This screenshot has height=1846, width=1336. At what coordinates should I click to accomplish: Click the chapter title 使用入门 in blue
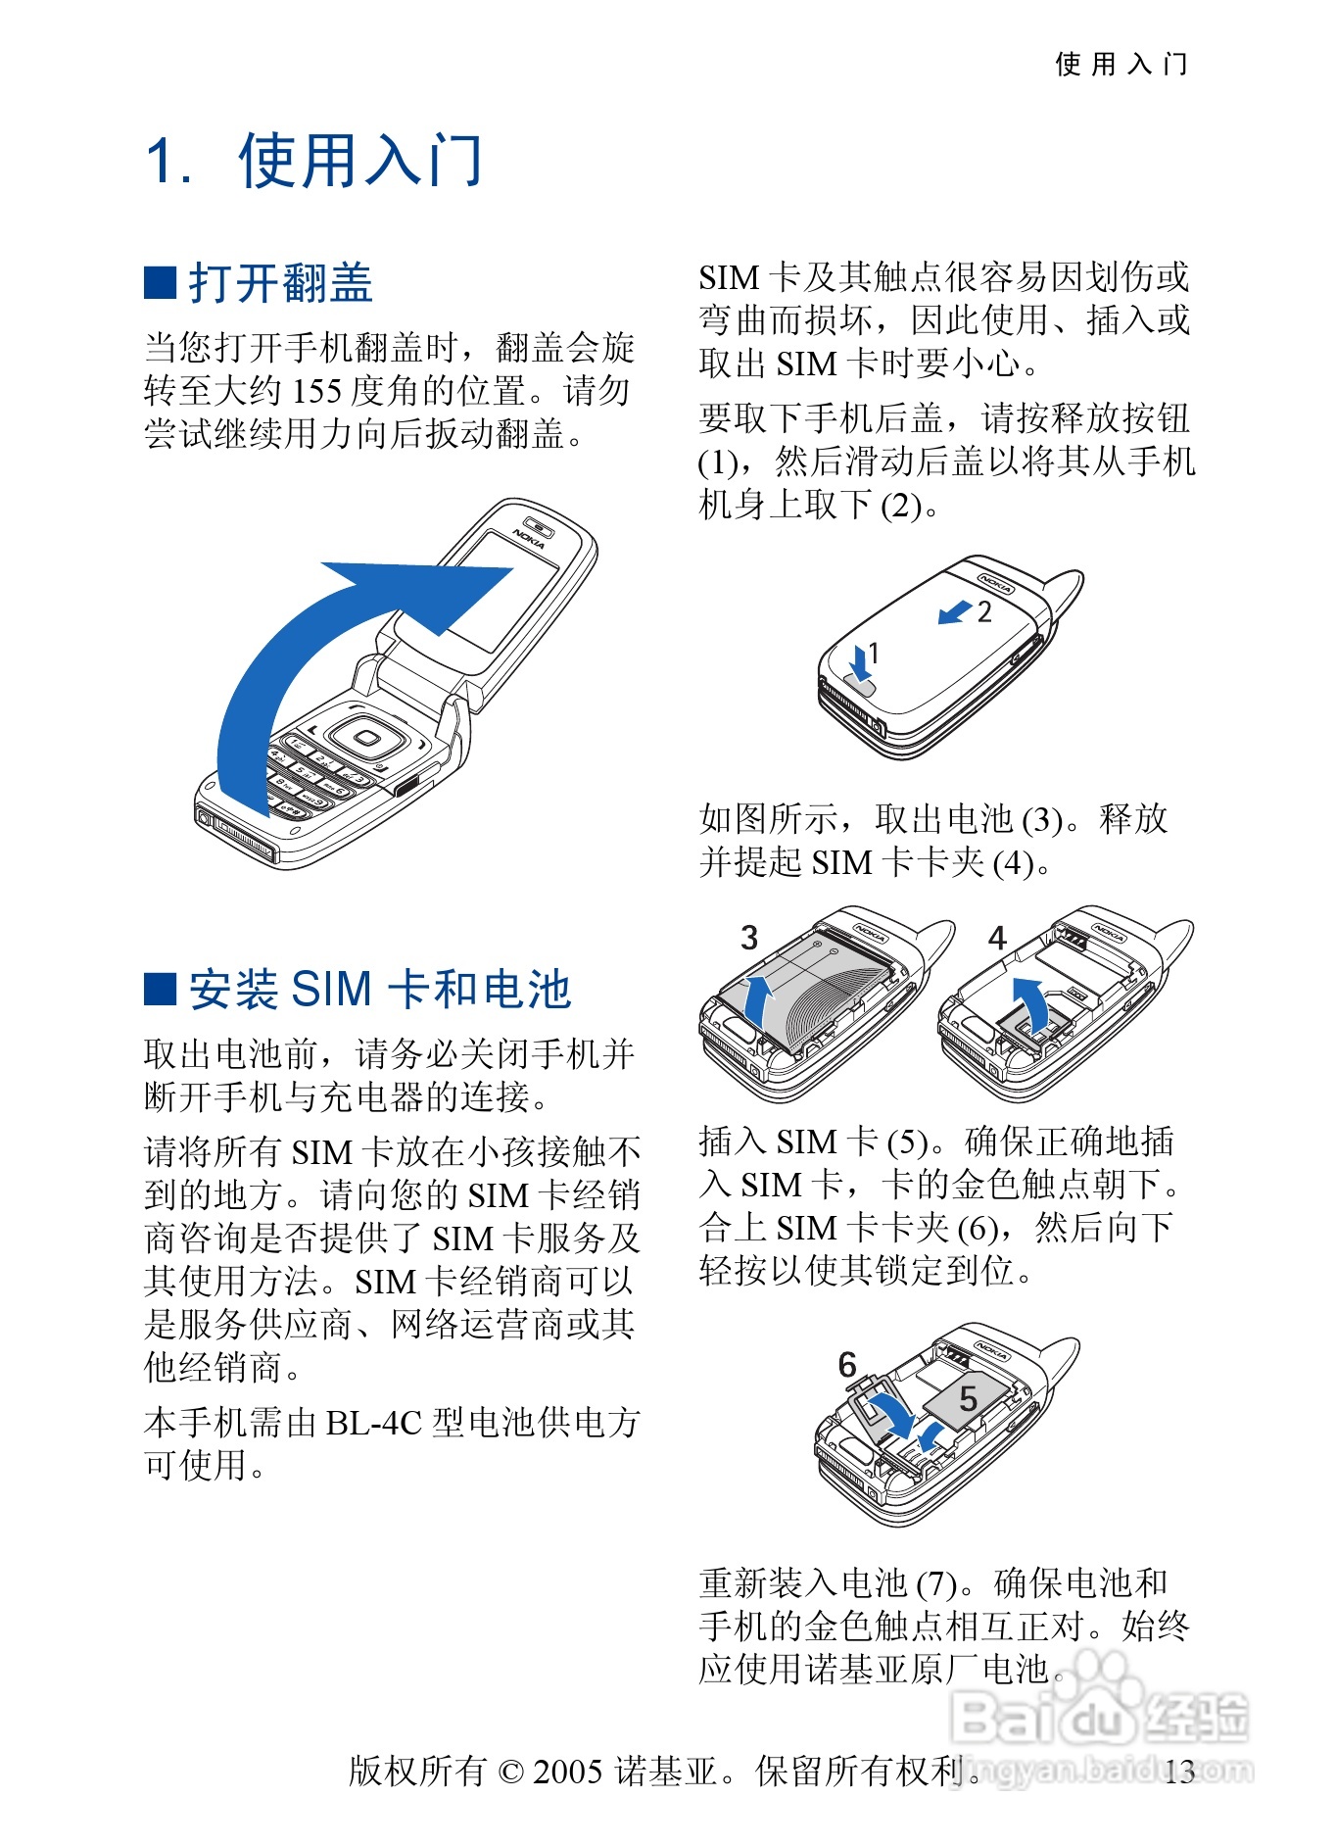(360, 160)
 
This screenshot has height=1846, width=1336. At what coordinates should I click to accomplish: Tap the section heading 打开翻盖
(281, 283)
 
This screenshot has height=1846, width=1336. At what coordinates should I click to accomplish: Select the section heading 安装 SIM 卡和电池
(380, 990)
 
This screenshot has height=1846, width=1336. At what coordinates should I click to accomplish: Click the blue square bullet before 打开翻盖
(160, 282)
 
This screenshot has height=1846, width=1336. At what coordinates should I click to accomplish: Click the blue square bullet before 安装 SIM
(160, 990)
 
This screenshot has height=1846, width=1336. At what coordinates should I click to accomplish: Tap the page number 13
(1180, 1772)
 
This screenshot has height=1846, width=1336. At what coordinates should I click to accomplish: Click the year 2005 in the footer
(567, 1772)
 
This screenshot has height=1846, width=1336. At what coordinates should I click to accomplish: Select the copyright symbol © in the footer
(511, 1772)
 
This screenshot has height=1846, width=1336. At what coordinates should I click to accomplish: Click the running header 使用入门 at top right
(1121, 65)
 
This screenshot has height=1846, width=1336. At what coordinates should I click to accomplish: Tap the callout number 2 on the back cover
(984, 612)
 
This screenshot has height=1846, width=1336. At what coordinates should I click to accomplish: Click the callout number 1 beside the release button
(874, 654)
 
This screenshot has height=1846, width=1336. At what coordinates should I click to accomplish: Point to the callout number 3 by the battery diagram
(749, 938)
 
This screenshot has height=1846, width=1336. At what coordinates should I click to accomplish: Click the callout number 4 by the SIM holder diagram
(997, 938)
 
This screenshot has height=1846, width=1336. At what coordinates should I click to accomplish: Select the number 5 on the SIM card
(969, 1399)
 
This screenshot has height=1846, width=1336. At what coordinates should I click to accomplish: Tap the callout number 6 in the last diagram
(847, 1365)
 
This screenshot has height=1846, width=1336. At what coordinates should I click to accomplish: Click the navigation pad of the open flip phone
(366, 738)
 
